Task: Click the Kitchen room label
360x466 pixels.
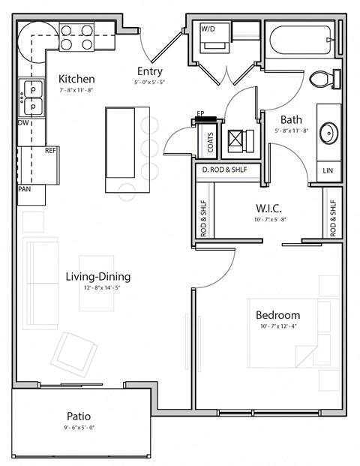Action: point(76,79)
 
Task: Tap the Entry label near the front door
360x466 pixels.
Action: point(149,71)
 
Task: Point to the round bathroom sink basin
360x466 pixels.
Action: point(328,134)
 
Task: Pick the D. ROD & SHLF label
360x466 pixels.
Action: point(228,170)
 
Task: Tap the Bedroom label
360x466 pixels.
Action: point(277,315)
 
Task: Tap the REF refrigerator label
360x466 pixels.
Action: point(50,151)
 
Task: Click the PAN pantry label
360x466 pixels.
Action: point(25,190)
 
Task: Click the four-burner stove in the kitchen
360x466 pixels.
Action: point(76,37)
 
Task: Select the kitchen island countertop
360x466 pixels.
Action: point(120,143)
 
